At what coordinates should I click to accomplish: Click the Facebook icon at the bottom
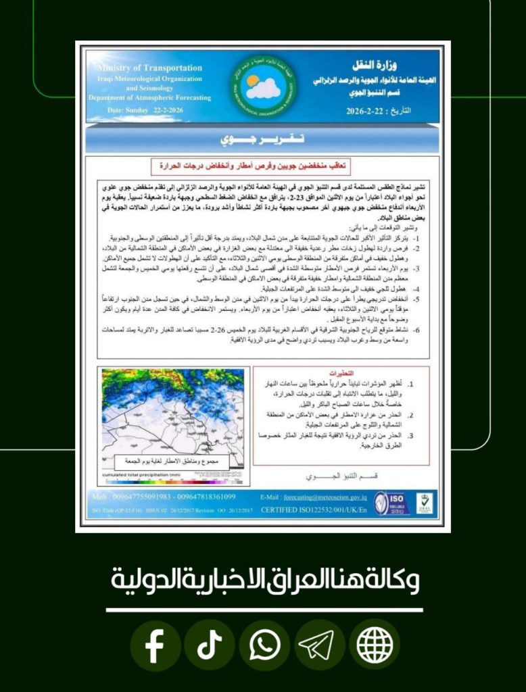155,645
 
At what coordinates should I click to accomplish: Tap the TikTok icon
210,645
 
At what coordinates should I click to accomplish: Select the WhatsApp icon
264,645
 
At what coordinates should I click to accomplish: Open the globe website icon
375,645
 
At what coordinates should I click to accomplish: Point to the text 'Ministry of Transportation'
149,68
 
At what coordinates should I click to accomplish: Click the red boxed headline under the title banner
263,165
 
